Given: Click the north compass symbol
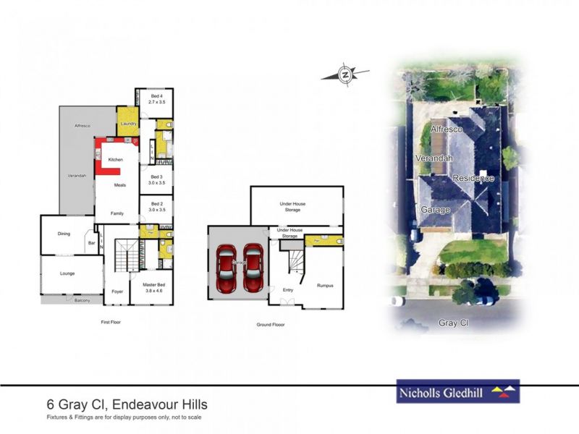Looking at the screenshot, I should click(x=346, y=73).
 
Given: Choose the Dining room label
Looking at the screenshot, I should click(x=64, y=233).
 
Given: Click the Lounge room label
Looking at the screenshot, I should click(x=67, y=273).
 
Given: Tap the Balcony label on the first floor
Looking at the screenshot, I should click(x=83, y=300).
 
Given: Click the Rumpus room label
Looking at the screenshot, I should click(x=326, y=285).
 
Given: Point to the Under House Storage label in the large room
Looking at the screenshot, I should click(x=292, y=206).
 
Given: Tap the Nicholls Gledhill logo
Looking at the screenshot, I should click(x=458, y=393).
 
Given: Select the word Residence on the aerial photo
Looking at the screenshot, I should click(x=473, y=178).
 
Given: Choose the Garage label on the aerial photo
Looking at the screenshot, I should click(x=436, y=210).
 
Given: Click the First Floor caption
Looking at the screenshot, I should click(x=110, y=322).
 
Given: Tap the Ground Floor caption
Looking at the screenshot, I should click(x=271, y=325).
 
